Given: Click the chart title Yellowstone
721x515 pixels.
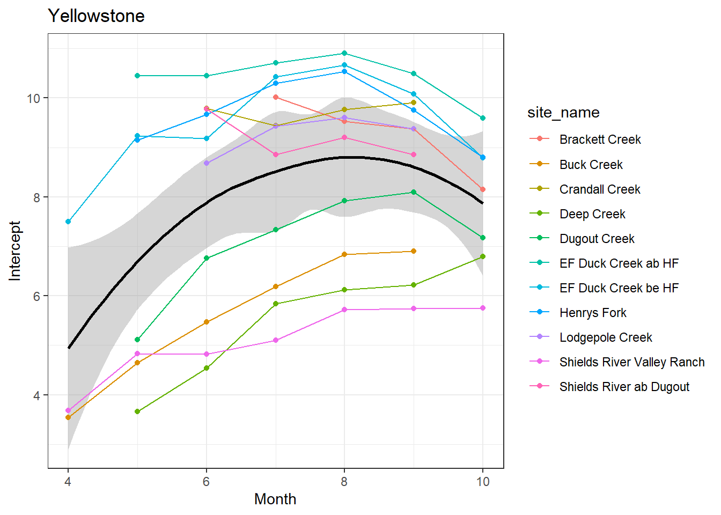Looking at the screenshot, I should pos(96,16).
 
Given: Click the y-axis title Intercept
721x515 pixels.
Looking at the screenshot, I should pos(15,251).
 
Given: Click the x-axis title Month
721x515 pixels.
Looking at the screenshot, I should pos(275,499).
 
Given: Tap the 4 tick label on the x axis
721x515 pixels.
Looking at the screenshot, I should pos(68,482).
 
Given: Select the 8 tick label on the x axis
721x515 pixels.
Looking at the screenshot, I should pos(344,482).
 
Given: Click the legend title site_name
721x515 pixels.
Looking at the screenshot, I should pos(563,113).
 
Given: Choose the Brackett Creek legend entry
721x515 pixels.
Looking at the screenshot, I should pos(600,139).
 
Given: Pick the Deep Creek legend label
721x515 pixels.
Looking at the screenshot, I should pos(592,214).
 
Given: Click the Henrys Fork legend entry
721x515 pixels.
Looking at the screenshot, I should pos(593,313).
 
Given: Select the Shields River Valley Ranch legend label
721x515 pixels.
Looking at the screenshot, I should pos(631,362).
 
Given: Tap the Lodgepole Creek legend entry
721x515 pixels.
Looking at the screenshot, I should pos(606,337).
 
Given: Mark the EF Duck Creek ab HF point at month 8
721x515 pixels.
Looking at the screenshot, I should pos(344,53).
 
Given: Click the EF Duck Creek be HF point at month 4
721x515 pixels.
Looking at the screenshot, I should pos(68,222).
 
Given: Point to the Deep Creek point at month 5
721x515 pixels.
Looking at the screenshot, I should pos(137,411).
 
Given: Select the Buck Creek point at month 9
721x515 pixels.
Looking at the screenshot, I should pos(414,251).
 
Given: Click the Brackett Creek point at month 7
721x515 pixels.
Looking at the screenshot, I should pos(276,97).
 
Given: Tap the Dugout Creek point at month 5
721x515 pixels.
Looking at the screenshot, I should pos(137,340).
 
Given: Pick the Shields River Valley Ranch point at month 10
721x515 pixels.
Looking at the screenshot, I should pos(483,308).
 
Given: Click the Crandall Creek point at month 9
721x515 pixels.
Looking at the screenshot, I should pos(414,102).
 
